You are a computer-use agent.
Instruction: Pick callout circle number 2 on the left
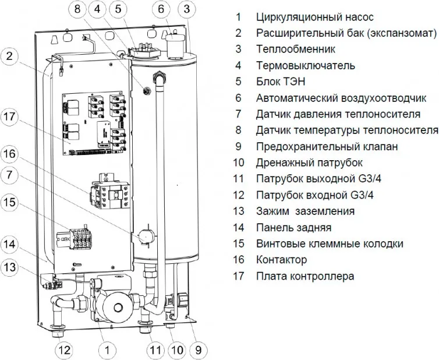[x=12, y=57]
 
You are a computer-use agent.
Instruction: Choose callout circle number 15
[x=12, y=203]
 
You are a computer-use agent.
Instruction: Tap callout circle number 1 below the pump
[x=107, y=350]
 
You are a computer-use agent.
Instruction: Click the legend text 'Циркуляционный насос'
[x=314, y=17]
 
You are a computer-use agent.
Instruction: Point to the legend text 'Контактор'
[x=281, y=260]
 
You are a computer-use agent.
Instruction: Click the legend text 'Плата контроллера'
[x=305, y=276]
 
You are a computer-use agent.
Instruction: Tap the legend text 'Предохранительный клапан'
[x=327, y=147]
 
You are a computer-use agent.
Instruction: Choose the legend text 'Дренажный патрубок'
[x=309, y=163]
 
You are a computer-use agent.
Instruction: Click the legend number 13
[x=238, y=211]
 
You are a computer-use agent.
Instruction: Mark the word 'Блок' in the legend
[x=268, y=82]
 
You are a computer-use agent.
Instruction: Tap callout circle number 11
[x=154, y=350]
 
